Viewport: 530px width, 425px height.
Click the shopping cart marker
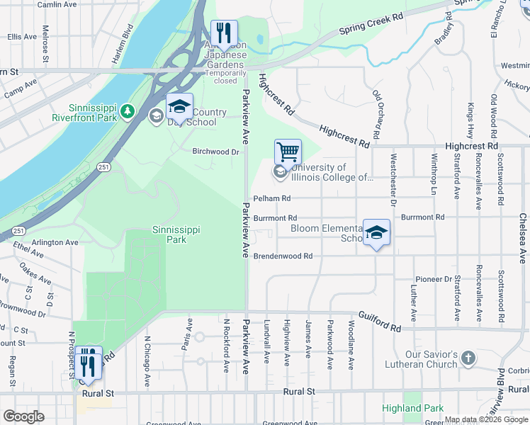click(x=288, y=152)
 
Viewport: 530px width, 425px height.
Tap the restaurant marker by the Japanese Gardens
click(x=224, y=33)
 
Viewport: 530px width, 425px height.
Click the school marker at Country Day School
click(x=180, y=108)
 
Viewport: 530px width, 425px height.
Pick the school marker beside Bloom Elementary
click(x=376, y=232)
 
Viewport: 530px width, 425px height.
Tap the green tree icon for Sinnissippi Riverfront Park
click(x=127, y=111)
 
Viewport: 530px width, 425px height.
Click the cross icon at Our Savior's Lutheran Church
click(x=468, y=358)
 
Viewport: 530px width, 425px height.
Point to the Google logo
click(x=23, y=416)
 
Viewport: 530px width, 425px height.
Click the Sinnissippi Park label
click(x=169, y=234)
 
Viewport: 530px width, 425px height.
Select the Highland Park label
click(x=412, y=408)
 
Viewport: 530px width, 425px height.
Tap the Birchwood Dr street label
click(x=216, y=152)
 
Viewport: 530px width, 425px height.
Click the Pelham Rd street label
click(x=272, y=198)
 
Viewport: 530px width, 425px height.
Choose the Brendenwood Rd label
click(x=283, y=256)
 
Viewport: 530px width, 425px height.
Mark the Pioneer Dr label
click(x=434, y=279)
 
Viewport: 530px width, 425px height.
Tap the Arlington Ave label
click(x=55, y=242)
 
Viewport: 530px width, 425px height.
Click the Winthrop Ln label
click(x=433, y=176)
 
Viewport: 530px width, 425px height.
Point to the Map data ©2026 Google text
click(x=485, y=419)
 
